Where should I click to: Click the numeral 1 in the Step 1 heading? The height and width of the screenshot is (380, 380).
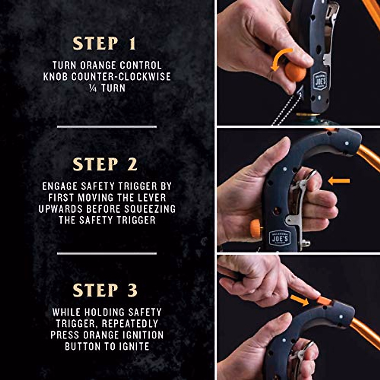(x=132, y=44)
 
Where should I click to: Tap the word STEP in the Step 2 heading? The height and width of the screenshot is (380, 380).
(x=95, y=164)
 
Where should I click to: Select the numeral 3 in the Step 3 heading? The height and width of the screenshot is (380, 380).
(x=132, y=290)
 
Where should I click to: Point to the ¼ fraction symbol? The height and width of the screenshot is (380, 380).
(x=93, y=88)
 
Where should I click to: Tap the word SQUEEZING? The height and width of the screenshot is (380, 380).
(x=150, y=209)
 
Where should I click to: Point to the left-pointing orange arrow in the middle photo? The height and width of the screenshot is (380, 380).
(x=339, y=181)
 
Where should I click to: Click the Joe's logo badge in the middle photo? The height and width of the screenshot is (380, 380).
(x=280, y=237)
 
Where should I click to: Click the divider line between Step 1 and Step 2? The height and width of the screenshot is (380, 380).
(x=107, y=127)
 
